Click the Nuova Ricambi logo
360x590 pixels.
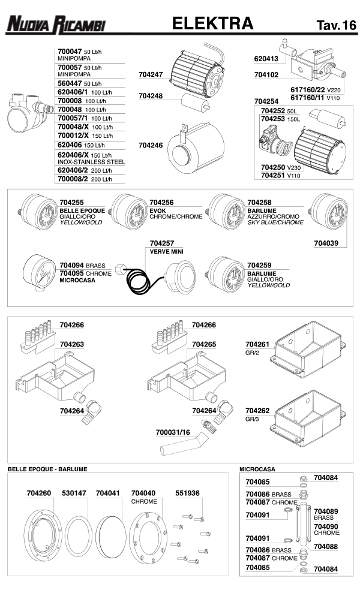click(x=55, y=25)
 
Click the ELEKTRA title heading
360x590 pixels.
click(x=212, y=23)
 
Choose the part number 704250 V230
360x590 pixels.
click(x=274, y=167)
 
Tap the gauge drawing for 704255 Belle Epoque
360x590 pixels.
click(x=37, y=213)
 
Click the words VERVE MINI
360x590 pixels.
click(x=166, y=251)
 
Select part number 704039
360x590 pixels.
click(x=326, y=243)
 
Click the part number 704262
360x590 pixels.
click(x=258, y=411)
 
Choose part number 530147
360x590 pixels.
click(x=74, y=493)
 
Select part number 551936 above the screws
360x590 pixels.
click(x=187, y=493)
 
